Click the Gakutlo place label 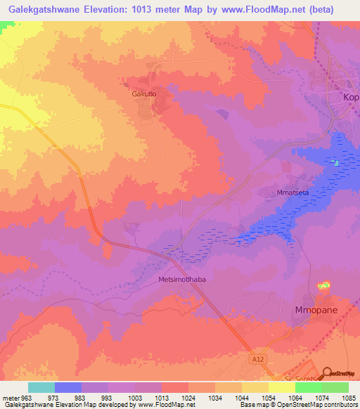click(143, 93)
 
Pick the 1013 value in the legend click(161, 398)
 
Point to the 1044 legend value click(240, 398)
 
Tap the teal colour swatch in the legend click(41, 387)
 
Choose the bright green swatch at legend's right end click(335, 387)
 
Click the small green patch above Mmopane click(323, 286)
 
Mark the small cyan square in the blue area click(336, 163)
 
